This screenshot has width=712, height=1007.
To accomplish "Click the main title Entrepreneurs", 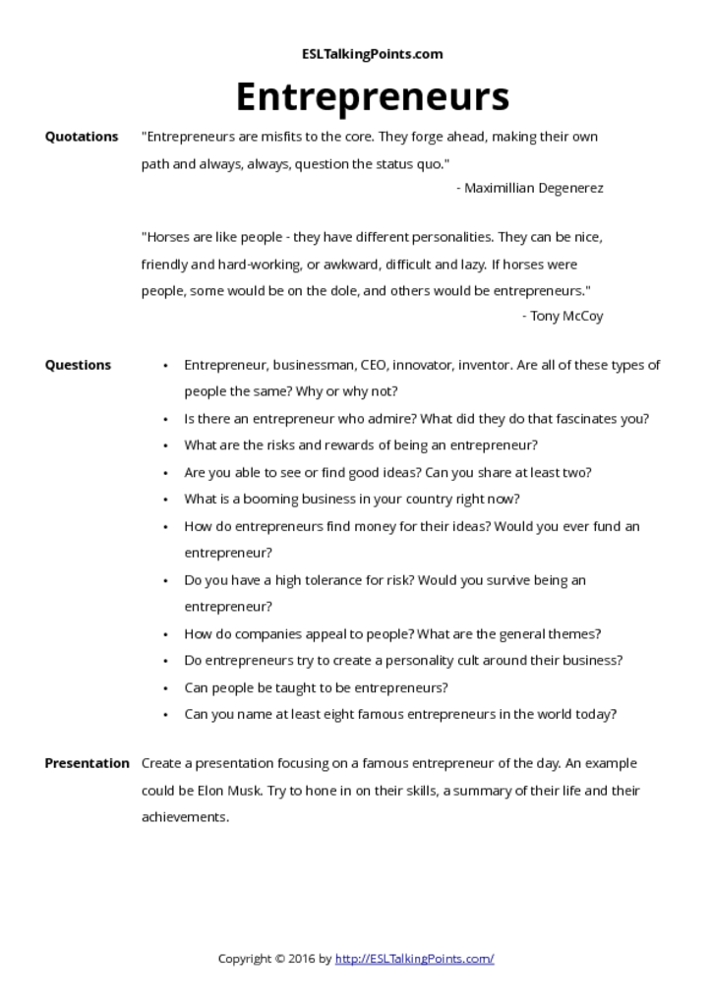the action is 372,97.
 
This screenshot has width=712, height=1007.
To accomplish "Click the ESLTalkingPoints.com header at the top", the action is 372,54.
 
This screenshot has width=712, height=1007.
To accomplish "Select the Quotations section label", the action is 82,137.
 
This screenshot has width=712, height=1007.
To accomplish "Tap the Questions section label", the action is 78,365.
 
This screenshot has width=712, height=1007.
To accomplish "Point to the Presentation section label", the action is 87,763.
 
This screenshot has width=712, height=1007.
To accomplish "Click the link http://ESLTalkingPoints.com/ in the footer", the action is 414,959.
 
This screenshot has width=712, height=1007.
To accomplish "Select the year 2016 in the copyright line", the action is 303,959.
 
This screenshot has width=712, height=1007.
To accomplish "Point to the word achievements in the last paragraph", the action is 185,817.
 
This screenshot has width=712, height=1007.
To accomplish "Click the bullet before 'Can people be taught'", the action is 165,688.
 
